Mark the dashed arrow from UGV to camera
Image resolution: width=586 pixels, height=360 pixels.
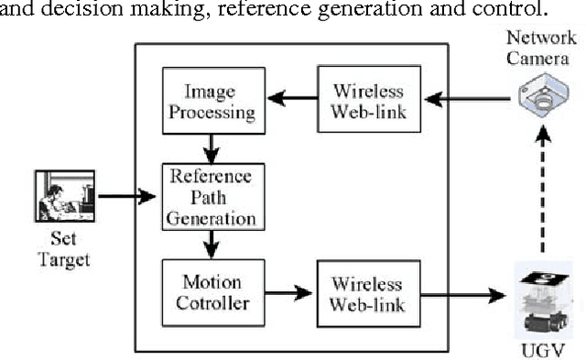543,192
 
